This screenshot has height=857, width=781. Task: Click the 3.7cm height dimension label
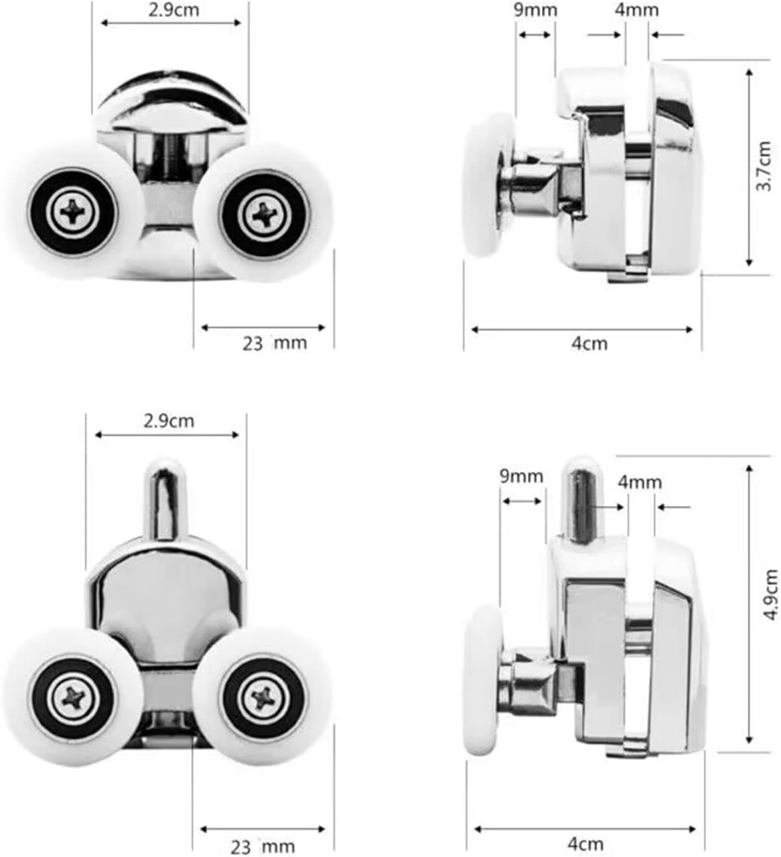[764, 166]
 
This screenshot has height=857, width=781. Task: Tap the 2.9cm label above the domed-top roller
[174, 10]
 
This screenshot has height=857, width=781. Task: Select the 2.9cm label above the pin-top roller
[168, 421]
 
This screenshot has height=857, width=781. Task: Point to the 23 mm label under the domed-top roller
[275, 344]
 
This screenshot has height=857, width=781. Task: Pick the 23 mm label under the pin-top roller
[263, 847]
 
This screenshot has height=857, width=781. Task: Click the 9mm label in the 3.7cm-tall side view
[535, 10]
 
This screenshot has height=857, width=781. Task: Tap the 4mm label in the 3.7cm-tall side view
[636, 10]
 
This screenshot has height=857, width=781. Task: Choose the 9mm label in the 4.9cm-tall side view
[521, 476]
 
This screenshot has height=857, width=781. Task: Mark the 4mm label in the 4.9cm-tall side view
[640, 482]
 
